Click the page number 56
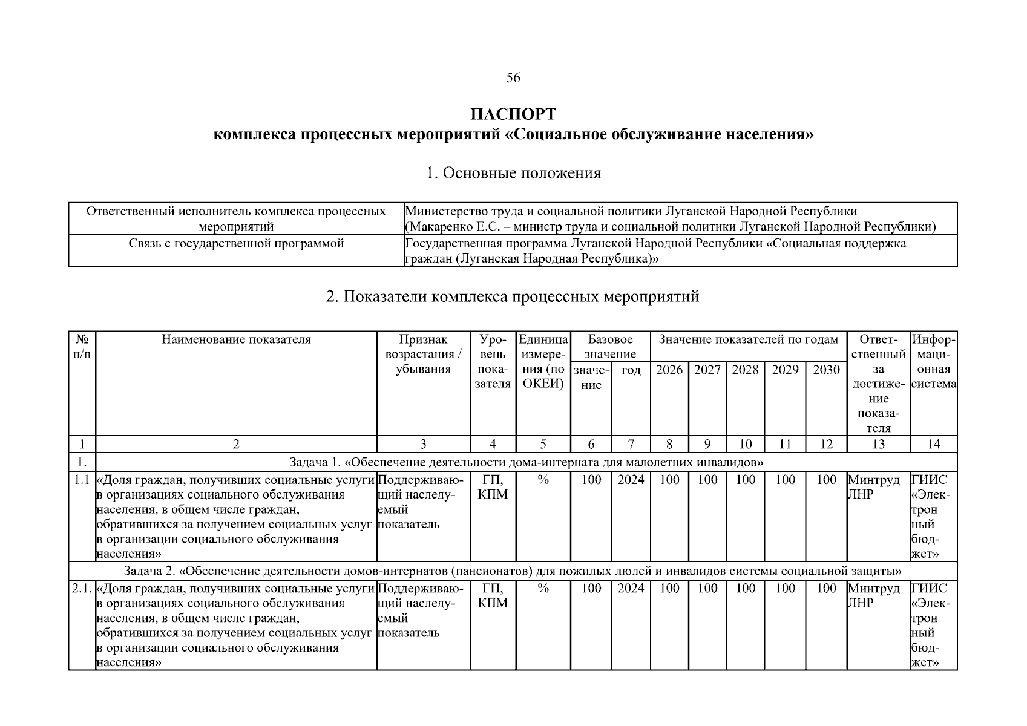[513, 78]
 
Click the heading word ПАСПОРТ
[513, 114]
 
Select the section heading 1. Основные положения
[513, 173]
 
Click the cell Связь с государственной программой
[236, 243]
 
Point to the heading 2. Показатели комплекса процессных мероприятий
[513, 297]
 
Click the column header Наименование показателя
[236, 339]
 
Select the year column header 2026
[669, 370]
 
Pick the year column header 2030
[826, 370]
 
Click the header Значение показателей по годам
[748, 339]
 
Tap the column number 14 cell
[933, 444]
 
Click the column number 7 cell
[631, 444]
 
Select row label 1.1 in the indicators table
[82, 480]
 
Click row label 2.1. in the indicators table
[82, 589]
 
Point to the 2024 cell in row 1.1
[631, 480]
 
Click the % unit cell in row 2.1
[543, 589]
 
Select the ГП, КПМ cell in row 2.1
[493, 595]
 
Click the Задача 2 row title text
[513, 571]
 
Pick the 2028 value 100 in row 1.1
[745, 480]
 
